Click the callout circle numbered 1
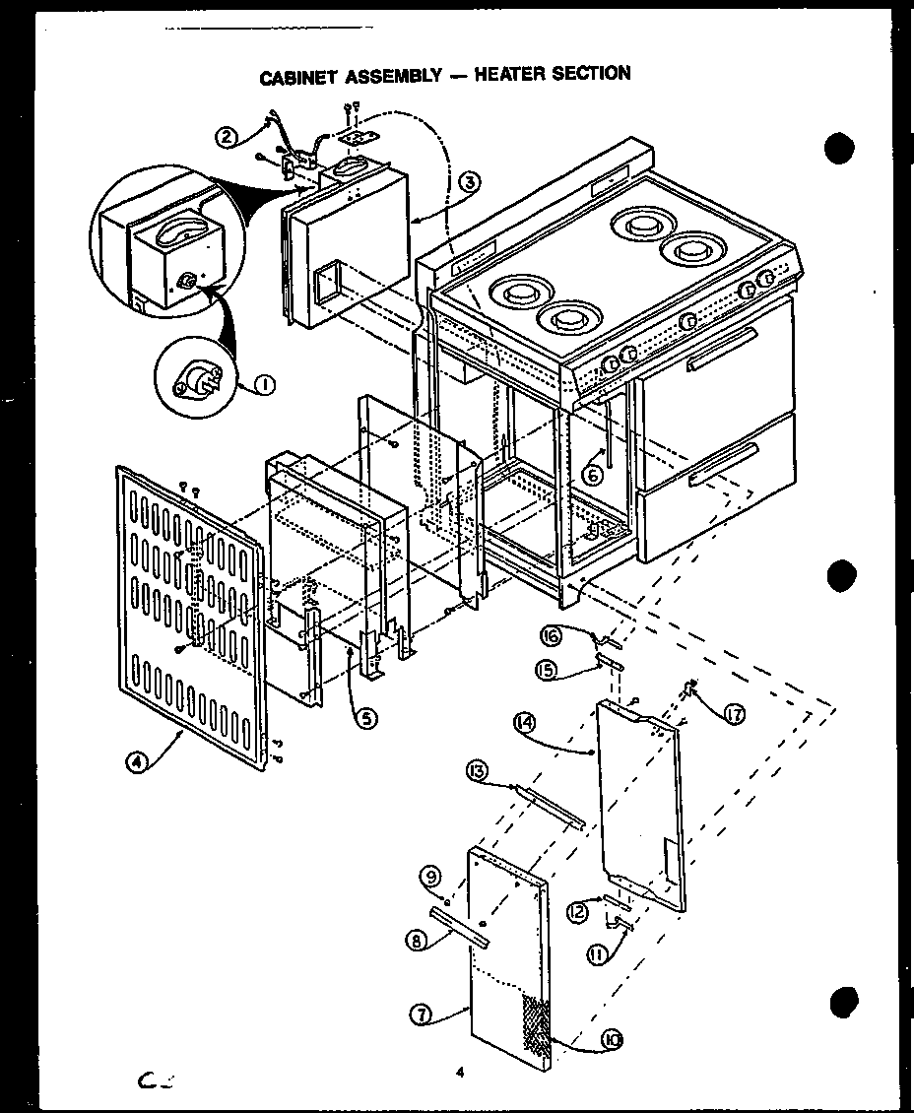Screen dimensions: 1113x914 263,386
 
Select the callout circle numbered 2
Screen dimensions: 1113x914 228,137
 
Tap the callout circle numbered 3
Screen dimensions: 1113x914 469,182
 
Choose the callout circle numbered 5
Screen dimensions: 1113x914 365,718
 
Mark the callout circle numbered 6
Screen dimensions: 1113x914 593,474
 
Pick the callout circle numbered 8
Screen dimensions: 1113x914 418,941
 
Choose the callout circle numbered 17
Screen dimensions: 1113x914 735,715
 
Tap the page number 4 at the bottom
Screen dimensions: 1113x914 459,1073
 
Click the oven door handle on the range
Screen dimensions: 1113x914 722,352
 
